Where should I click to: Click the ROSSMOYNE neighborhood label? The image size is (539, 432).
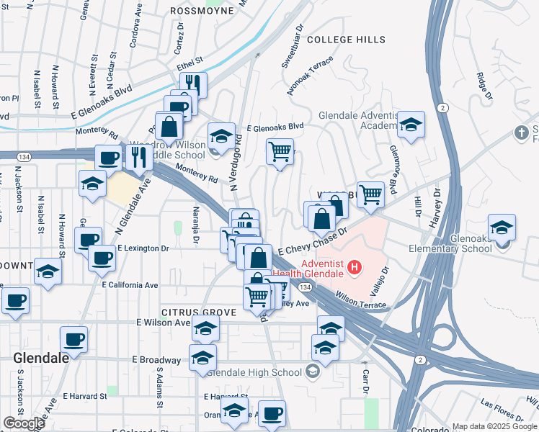202,11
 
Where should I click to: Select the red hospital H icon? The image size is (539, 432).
354,269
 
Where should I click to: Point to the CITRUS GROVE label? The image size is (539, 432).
189,312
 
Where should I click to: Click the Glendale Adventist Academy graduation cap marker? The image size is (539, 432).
411,125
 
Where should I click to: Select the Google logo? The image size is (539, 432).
24,423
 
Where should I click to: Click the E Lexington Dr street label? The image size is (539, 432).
143,248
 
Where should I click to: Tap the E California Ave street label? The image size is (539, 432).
130,285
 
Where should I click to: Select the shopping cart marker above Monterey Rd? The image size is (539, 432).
280,152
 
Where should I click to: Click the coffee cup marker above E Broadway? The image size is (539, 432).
73,339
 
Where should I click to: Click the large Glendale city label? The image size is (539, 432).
41,357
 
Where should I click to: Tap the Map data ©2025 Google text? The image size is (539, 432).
494,427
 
